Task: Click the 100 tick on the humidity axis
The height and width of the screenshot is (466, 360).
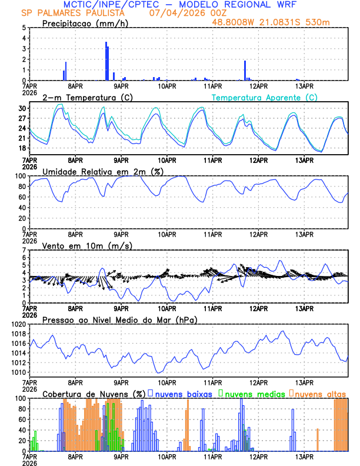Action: [x=19, y=176]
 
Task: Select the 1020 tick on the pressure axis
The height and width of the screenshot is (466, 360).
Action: [x=17, y=324]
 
